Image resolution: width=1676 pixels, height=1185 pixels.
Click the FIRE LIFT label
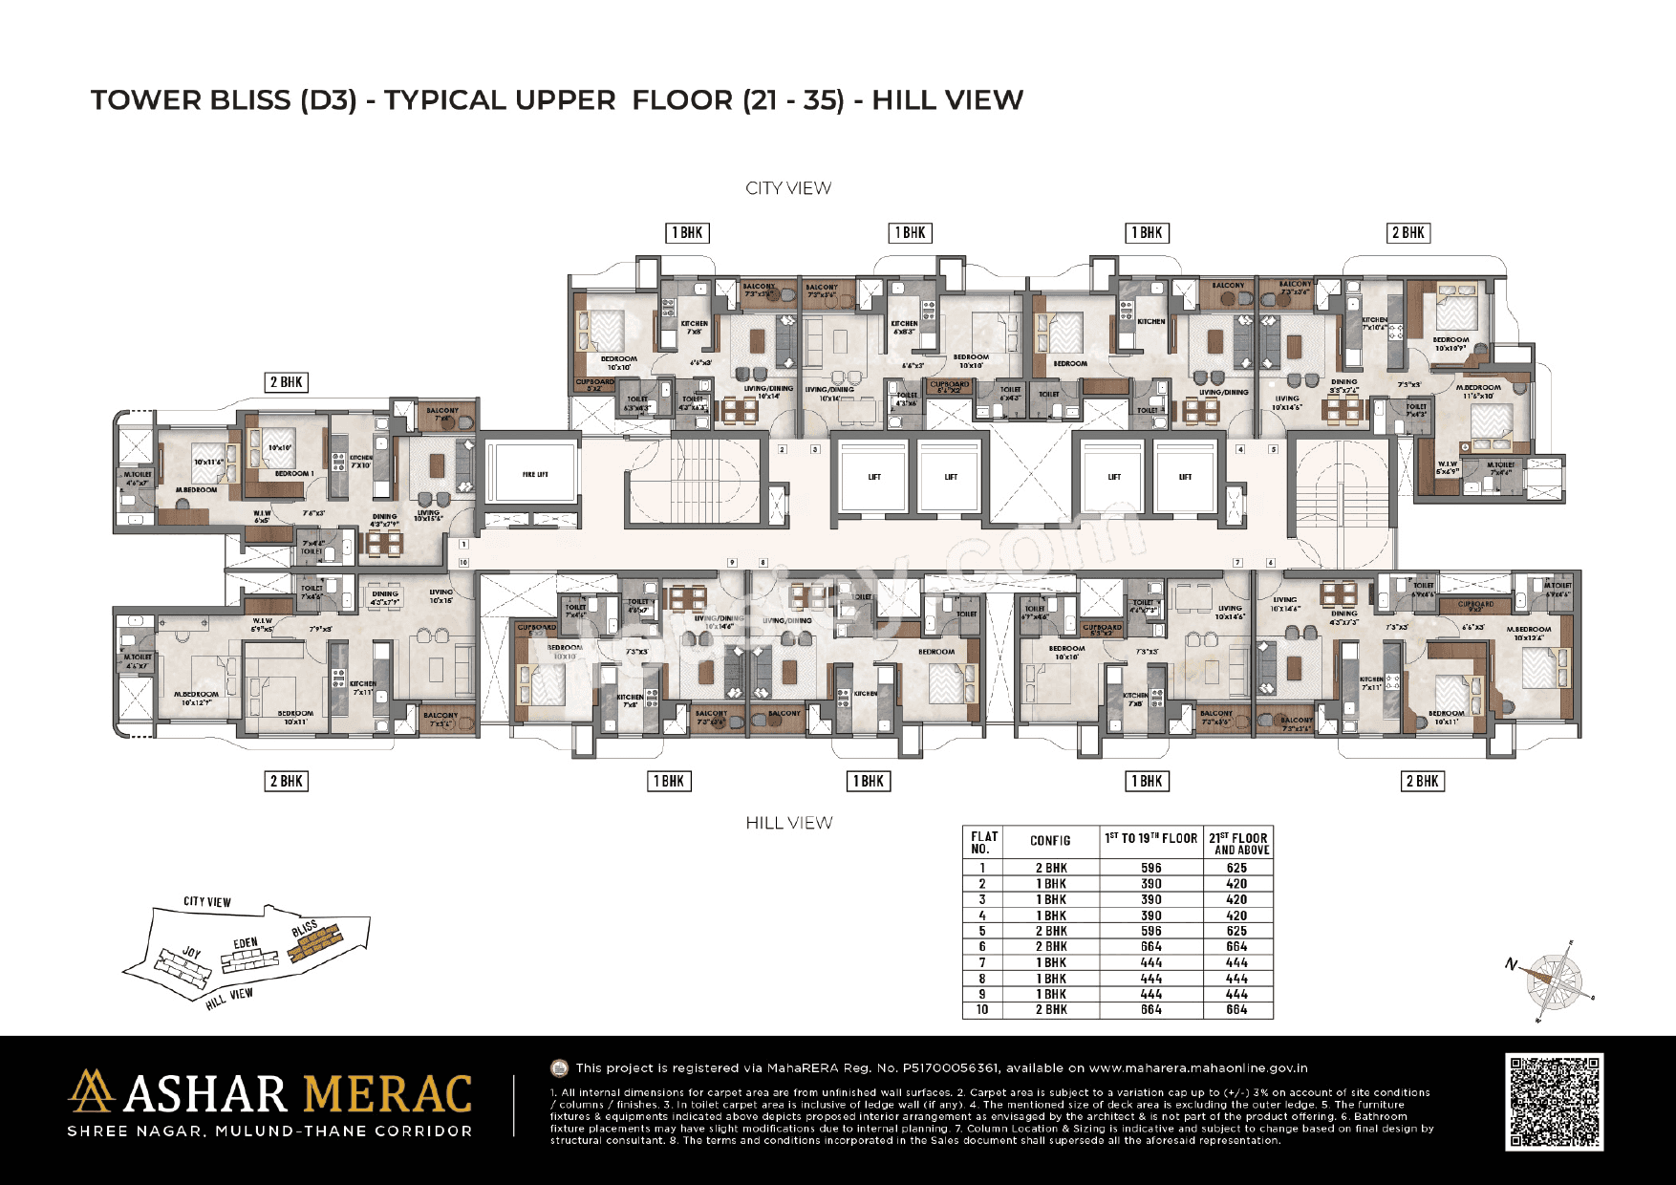click(x=534, y=475)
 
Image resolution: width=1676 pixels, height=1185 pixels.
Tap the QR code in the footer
click(x=1554, y=1102)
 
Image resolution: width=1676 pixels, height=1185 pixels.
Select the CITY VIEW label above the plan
click(x=788, y=188)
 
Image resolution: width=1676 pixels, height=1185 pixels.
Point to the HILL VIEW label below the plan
click(x=788, y=823)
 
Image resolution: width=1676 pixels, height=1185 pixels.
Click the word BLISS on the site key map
click(x=305, y=928)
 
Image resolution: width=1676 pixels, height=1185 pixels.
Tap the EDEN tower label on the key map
click(x=246, y=943)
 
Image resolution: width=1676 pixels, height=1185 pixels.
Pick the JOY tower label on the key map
click(x=192, y=953)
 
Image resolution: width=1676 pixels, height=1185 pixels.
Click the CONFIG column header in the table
click(x=1050, y=841)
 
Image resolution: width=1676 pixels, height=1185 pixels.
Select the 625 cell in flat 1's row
click(x=1236, y=868)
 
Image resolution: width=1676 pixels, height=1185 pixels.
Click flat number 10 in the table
click(x=981, y=1009)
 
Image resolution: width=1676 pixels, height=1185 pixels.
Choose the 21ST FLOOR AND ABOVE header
click(x=1238, y=843)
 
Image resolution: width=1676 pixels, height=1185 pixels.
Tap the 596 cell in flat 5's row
click(x=1150, y=931)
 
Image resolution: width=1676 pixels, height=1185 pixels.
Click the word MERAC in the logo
click(x=387, y=1095)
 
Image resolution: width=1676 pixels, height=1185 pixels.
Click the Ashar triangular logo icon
click(x=91, y=1091)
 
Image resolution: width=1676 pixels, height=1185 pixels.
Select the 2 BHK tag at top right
click(x=1407, y=233)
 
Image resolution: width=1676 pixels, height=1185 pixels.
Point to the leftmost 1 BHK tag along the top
click(x=687, y=233)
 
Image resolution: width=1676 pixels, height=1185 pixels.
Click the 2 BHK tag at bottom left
click(x=286, y=782)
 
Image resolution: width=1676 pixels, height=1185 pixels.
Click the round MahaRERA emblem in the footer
click(x=560, y=1068)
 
